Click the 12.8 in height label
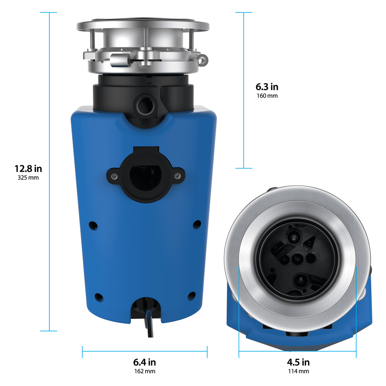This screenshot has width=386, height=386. (x=28, y=168)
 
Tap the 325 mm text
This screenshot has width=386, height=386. (x=28, y=178)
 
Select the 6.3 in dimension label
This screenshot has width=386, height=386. (x=267, y=87)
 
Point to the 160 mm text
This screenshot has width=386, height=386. (x=267, y=96)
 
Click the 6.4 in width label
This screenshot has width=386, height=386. (x=144, y=362)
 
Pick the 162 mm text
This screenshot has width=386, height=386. (x=144, y=371)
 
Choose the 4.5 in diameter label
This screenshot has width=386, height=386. (x=298, y=362)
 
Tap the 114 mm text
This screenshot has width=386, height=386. (x=298, y=371)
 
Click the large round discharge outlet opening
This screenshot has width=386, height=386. (x=146, y=177)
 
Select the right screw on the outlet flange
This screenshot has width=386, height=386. (x=177, y=175)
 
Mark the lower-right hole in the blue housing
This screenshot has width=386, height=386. (x=192, y=296)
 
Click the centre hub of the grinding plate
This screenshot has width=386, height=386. (x=297, y=259)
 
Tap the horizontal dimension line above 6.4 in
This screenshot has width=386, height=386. (x=144, y=352)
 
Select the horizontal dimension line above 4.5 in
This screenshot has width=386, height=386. (x=297, y=352)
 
